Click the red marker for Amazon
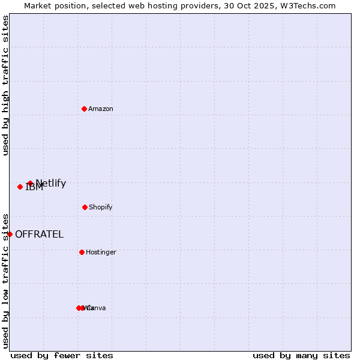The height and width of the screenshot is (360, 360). [84, 109]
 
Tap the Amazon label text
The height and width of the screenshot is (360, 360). [101, 109]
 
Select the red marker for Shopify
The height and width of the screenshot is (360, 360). [85, 207]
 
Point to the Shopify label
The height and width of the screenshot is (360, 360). [101, 208]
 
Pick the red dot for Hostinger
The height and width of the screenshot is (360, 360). [82, 252]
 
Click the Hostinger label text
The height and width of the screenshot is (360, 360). [101, 253]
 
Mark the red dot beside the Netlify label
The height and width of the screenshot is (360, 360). [30, 183]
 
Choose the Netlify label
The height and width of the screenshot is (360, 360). [51, 184]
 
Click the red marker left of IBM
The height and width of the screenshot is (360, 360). [20, 187]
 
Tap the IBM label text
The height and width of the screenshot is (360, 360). [34, 188]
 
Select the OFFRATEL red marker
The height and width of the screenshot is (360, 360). [10, 234]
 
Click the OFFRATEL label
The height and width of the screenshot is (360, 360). [39, 235]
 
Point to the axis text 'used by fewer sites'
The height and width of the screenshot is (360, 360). [62, 355]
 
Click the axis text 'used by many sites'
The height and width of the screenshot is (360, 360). [301, 355]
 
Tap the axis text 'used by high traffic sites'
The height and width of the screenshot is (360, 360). [6, 85]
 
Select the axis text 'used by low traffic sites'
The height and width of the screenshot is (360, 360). [6, 280]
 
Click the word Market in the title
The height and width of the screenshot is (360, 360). [38, 6]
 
